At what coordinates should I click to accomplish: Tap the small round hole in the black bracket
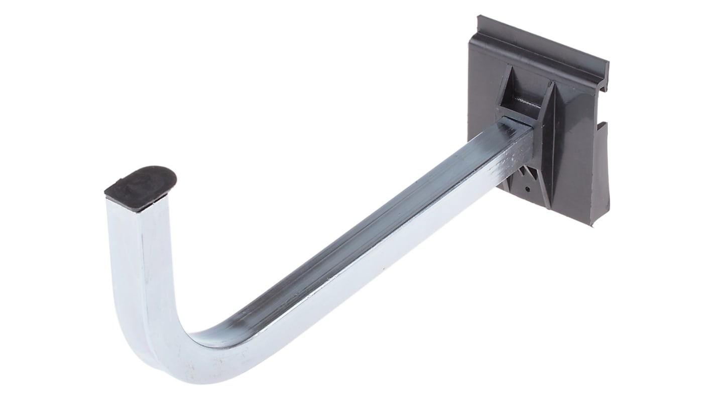[x=527, y=189]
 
